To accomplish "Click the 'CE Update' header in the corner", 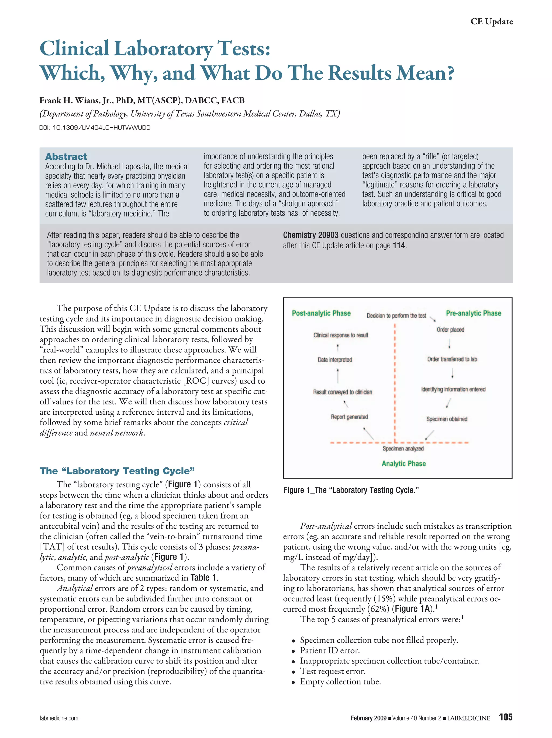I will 491,21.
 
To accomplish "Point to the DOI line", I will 95,127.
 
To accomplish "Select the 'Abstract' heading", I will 66,156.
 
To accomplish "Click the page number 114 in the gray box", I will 399,246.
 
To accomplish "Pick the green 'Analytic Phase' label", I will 403,463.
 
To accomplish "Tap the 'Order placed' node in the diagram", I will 450,330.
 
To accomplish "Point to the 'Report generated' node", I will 349,417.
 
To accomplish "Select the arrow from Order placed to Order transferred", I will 450,344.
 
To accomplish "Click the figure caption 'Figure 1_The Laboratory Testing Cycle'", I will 351,490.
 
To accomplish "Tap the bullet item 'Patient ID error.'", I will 330,650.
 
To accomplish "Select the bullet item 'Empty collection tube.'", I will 340,682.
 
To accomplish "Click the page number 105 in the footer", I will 505,717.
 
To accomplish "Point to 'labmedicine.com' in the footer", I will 59,718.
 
